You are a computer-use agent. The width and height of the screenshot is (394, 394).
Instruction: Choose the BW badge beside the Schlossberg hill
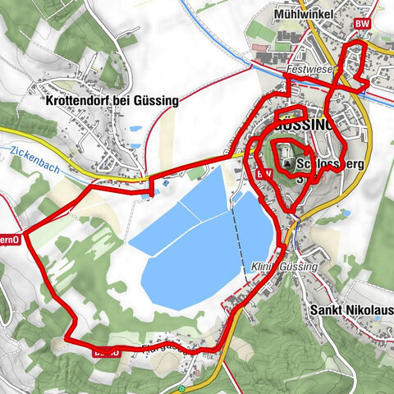264,174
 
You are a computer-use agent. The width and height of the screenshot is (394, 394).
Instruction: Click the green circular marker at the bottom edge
181,388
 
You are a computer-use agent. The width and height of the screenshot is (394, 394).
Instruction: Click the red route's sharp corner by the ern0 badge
23,234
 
